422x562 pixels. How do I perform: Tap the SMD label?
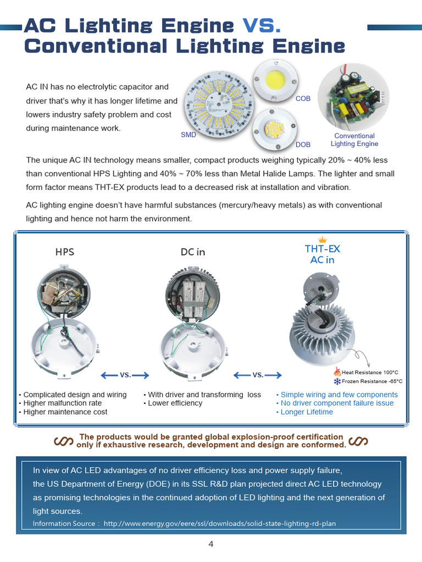pyautogui.click(x=188, y=134)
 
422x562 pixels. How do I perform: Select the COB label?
pyautogui.click(x=303, y=99)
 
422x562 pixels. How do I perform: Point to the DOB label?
pyautogui.click(x=303, y=145)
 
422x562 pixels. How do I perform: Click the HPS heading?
pyautogui.click(x=64, y=252)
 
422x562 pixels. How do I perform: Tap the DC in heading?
pyautogui.click(x=193, y=252)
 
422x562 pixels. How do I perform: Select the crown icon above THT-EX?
pyautogui.click(x=323, y=239)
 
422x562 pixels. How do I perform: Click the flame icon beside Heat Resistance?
pyautogui.click(x=337, y=372)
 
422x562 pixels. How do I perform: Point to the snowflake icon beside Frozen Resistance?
pyautogui.click(x=337, y=381)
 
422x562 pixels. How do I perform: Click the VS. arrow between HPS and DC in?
pyautogui.click(x=125, y=375)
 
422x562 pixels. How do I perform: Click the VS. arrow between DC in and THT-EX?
pyautogui.click(x=258, y=375)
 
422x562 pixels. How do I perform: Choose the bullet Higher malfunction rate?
pyautogui.click(x=62, y=403)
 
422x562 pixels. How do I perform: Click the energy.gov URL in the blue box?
pyautogui.click(x=219, y=524)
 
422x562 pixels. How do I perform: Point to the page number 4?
pyautogui.click(x=211, y=544)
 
